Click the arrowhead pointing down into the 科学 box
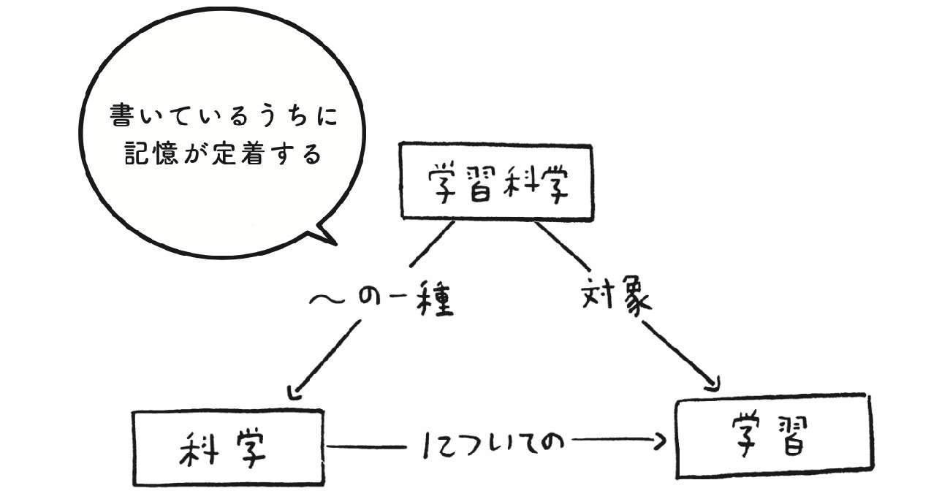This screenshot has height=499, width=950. tap(294, 392)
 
